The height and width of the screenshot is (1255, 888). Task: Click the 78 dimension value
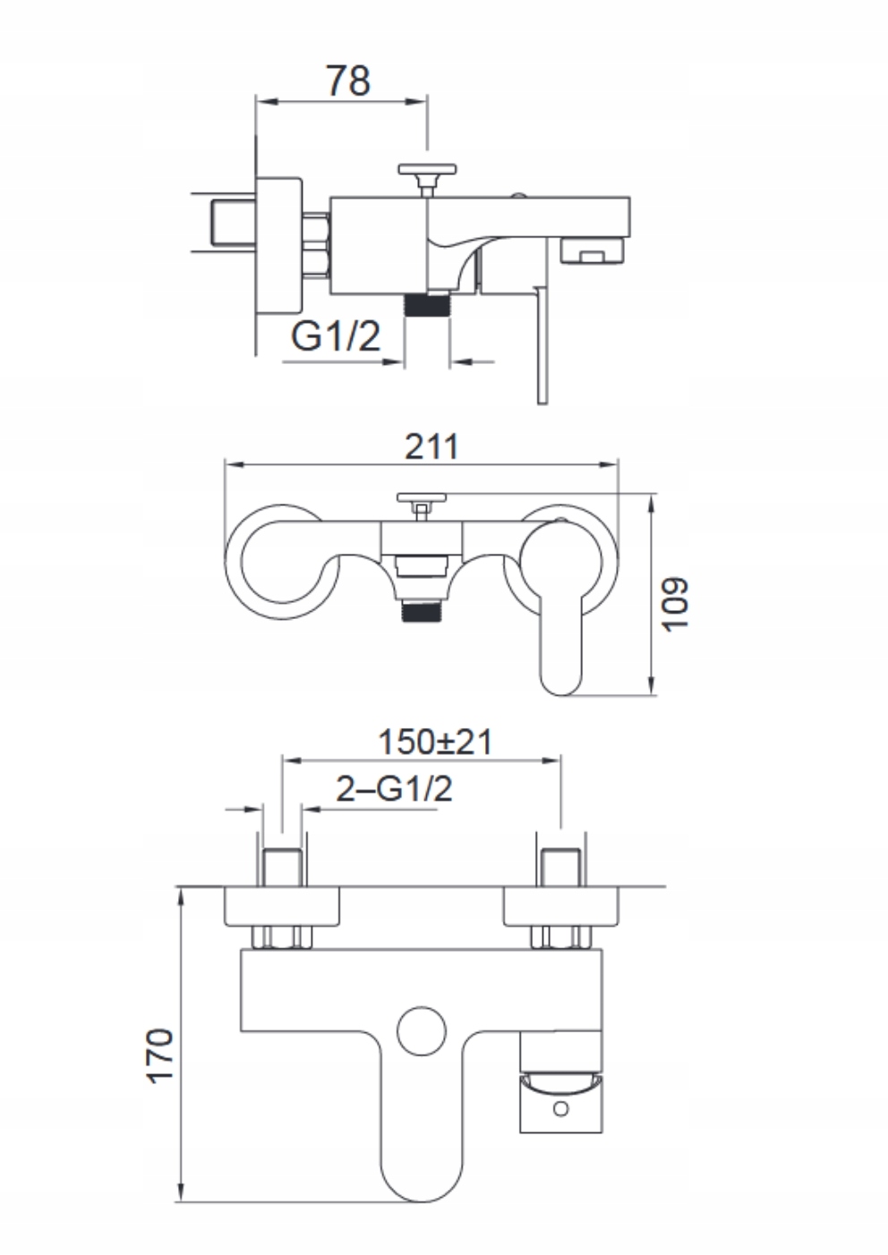(x=347, y=81)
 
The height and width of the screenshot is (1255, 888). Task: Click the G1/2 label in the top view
(x=336, y=336)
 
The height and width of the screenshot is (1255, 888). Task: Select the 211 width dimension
(x=431, y=445)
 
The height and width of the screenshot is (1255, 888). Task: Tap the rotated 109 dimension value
(x=676, y=604)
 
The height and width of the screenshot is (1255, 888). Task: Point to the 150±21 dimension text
(x=435, y=742)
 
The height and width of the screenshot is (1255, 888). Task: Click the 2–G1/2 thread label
(x=394, y=789)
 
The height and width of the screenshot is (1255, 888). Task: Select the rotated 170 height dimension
(x=160, y=1056)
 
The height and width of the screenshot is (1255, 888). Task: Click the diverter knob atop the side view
(x=427, y=170)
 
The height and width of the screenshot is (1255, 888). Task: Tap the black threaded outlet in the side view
(x=427, y=304)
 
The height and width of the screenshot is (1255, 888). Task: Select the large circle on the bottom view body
(x=422, y=1031)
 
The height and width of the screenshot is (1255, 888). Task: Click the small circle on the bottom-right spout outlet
(x=561, y=1109)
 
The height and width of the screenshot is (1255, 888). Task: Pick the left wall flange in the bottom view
(x=282, y=906)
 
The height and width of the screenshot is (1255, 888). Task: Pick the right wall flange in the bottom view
(x=561, y=906)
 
